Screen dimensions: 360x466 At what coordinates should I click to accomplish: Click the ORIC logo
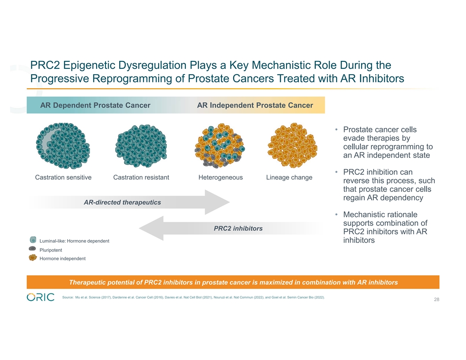click(x=41, y=297)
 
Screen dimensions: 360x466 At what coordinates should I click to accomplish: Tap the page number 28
click(x=436, y=300)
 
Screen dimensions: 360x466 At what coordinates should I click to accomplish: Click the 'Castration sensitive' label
click(x=63, y=177)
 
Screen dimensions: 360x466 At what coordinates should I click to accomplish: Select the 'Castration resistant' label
click(x=141, y=177)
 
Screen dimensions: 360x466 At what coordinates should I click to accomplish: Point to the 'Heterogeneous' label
click(x=221, y=177)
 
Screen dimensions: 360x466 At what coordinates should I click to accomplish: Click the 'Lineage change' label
click(x=289, y=177)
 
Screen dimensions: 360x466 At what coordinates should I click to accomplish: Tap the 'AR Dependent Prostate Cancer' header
click(x=95, y=105)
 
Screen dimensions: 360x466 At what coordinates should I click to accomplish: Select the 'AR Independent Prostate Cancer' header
click(x=255, y=105)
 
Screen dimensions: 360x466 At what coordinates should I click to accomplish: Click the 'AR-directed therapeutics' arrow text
click(x=122, y=202)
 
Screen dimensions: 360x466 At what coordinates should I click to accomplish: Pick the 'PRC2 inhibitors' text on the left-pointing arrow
click(x=238, y=228)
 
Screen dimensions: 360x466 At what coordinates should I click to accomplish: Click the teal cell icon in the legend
click(x=33, y=240)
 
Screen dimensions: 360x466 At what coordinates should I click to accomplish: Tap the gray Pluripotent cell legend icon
click(x=33, y=249)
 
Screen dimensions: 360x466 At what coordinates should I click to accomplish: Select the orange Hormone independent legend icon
click(x=33, y=258)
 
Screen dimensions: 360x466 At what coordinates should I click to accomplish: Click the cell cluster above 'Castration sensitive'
click(x=63, y=146)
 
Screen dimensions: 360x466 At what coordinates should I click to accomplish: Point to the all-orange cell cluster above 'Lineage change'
click(x=293, y=146)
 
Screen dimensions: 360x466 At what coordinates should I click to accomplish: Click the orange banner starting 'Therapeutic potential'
click(x=233, y=282)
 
